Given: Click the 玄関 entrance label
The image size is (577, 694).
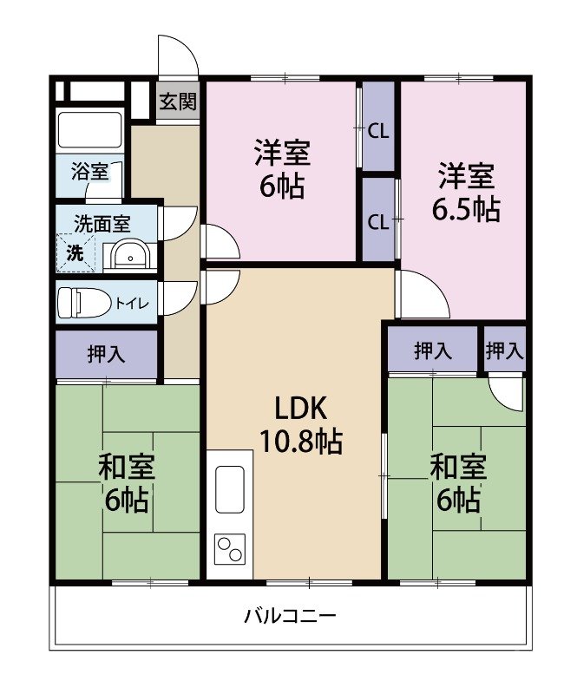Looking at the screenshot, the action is (x=178, y=101).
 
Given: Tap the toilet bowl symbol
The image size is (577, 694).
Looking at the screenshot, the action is (x=84, y=302).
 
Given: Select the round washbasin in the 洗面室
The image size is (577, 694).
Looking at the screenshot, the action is (x=130, y=256).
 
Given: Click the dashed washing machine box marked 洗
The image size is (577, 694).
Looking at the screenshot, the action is (x=75, y=253).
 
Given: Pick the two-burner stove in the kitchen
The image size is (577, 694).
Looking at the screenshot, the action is (x=230, y=549).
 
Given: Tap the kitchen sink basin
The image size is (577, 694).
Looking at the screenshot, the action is (x=229, y=489).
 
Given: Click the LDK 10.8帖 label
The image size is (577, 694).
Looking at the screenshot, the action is (x=301, y=424).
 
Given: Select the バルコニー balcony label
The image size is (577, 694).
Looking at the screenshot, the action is (x=290, y=616).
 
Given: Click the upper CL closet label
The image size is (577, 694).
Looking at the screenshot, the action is (x=378, y=131).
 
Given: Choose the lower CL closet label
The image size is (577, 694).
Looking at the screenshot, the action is (x=378, y=223).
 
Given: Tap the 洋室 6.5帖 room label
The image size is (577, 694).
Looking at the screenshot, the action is (x=466, y=192).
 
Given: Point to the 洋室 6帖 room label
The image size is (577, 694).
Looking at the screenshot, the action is (x=282, y=169).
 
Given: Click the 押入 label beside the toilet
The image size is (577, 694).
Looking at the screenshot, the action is (x=106, y=354).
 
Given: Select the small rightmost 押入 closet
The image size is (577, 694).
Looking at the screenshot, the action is (x=505, y=350).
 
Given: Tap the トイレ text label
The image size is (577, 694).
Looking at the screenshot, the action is (x=133, y=303).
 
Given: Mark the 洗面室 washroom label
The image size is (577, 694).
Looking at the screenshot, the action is (x=102, y=224).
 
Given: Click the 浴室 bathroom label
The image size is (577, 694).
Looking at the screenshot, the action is (x=90, y=171).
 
